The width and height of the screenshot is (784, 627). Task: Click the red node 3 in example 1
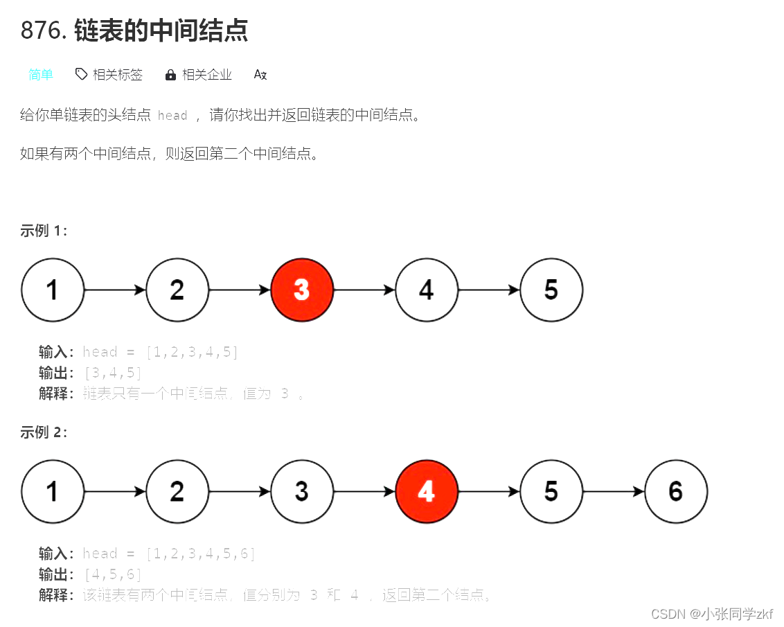tap(302, 290)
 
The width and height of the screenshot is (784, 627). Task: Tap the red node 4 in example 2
tap(427, 491)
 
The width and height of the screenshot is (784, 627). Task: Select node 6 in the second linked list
tap(676, 491)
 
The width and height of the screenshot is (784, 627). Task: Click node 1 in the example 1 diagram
tap(53, 290)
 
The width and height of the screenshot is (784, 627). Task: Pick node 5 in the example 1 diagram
tap(551, 290)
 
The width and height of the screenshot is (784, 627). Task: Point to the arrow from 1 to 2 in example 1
tap(115, 290)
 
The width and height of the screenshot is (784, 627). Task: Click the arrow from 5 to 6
tap(614, 491)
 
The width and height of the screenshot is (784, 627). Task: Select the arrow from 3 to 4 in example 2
tap(364, 491)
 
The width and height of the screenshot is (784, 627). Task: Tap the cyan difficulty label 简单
tap(41, 75)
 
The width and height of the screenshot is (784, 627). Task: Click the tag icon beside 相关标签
tap(81, 74)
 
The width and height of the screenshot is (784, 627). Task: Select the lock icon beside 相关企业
tap(170, 75)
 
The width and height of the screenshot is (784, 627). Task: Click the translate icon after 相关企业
tap(260, 75)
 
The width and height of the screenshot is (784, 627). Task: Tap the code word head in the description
tap(172, 116)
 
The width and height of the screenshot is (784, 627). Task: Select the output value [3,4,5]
tap(112, 373)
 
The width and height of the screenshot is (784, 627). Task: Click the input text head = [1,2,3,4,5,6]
tap(169, 554)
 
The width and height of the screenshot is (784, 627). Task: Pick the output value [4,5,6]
tap(112, 574)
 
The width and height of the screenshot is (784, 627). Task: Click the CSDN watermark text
tap(712, 614)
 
